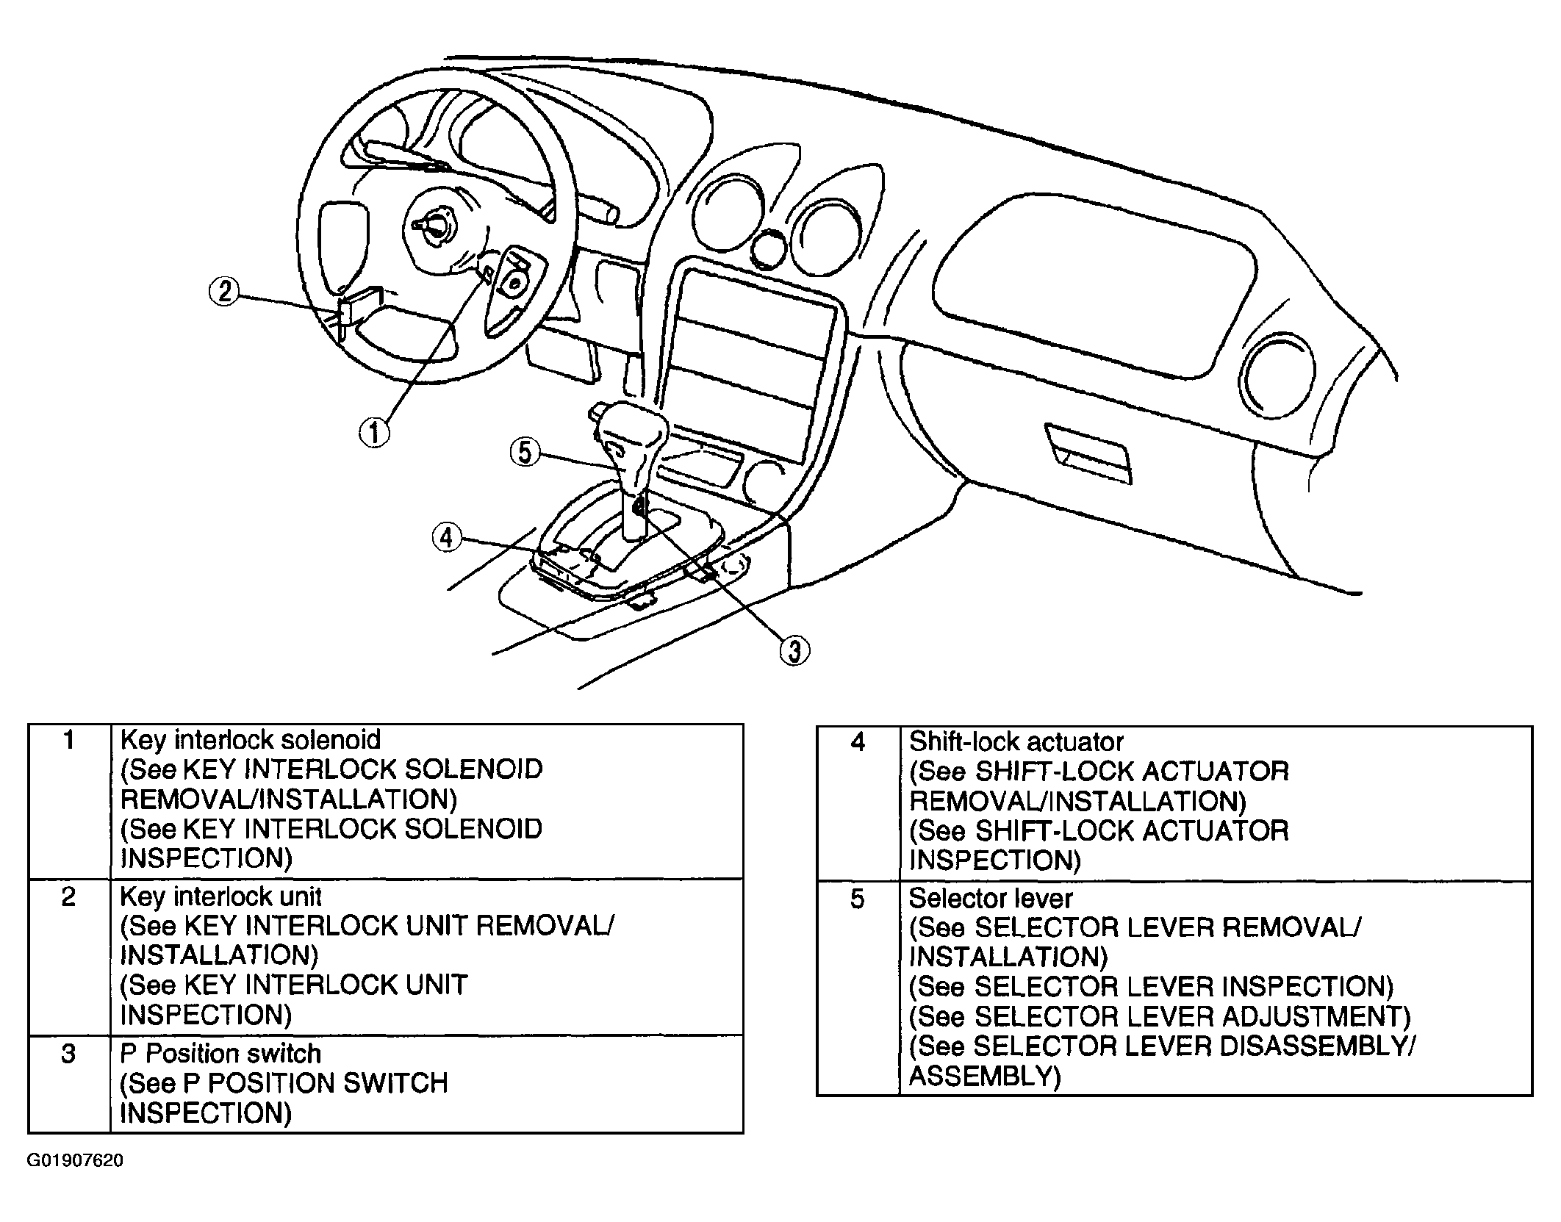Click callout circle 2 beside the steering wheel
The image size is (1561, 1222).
pyautogui.click(x=225, y=291)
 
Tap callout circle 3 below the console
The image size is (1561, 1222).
pyautogui.click(x=794, y=650)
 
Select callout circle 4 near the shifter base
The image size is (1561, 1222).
pyautogui.click(x=447, y=537)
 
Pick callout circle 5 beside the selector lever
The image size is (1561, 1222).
pyautogui.click(x=525, y=451)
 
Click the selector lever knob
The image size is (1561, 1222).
pyautogui.click(x=631, y=448)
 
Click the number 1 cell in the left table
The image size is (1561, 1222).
pyautogui.click(x=69, y=799)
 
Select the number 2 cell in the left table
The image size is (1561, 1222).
pyautogui.click(x=69, y=956)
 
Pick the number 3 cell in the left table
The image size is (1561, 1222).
pyautogui.click(x=69, y=1084)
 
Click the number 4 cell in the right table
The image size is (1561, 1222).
pyautogui.click(x=858, y=803)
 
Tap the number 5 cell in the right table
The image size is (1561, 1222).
pyautogui.click(x=858, y=988)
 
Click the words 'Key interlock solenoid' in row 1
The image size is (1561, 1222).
pyautogui.click(x=251, y=739)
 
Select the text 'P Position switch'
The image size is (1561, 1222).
pyautogui.click(x=220, y=1053)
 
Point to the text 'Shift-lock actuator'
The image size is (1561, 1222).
pyautogui.click(x=1016, y=741)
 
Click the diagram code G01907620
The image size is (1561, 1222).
pyautogui.click(x=76, y=1160)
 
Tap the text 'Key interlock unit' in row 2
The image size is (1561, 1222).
pyautogui.click(x=220, y=896)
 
